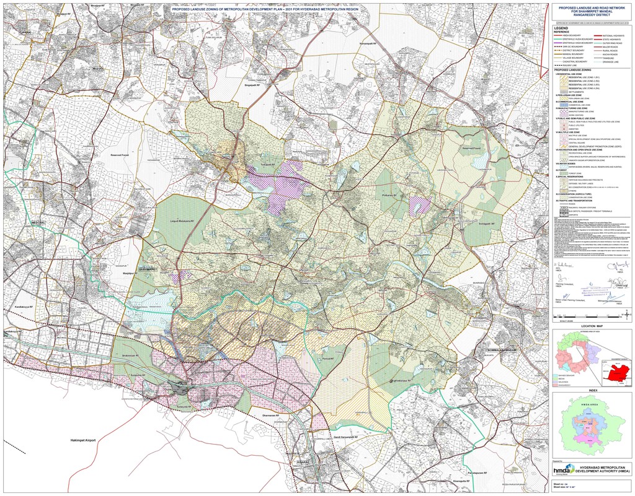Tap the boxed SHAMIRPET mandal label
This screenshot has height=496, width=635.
[x=148, y=269]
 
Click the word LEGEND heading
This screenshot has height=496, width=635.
[x=561, y=28]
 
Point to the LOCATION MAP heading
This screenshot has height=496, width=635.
[x=592, y=325]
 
